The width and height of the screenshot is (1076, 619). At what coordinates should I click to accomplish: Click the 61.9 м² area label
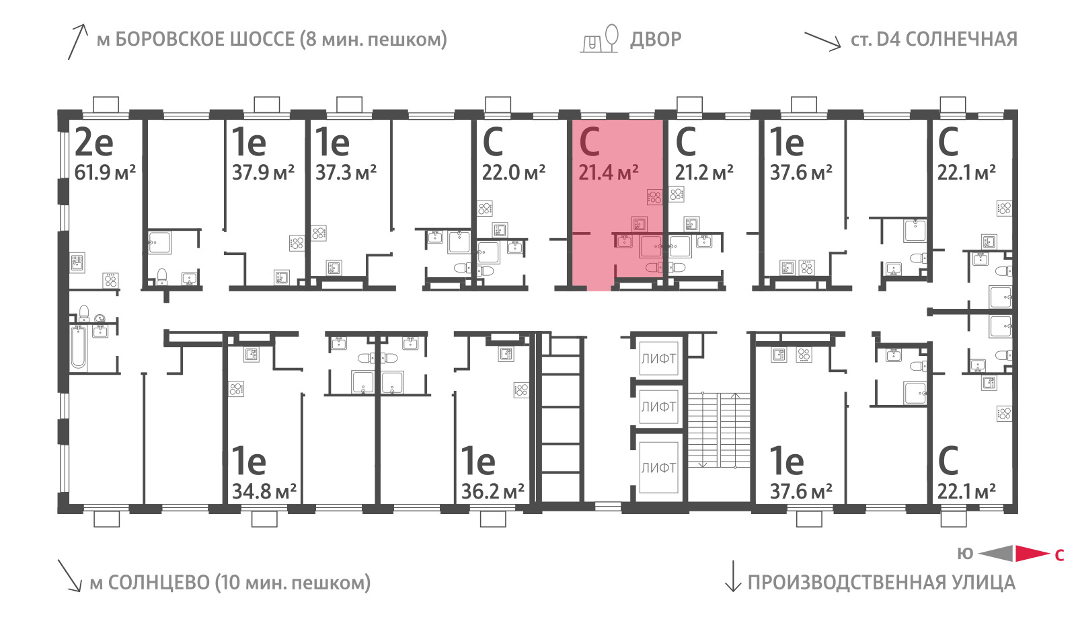click(105, 172)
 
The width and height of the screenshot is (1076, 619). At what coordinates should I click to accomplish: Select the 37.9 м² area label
click(263, 172)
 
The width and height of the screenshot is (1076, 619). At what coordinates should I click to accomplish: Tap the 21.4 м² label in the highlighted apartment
click(608, 172)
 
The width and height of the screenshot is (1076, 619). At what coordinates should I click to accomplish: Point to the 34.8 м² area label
click(264, 491)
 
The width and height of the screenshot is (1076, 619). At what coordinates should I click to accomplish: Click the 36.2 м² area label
click(492, 491)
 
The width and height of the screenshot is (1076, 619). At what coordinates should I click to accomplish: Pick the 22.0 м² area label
click(513, 172)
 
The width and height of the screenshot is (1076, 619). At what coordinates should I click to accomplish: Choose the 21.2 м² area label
click(703, 172)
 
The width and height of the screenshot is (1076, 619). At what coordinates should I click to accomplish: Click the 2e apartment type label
click(93, 143)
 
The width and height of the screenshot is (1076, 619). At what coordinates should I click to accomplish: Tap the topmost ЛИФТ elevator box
click(658, 359)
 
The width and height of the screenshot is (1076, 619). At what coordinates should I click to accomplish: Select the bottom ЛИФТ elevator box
click(658, 467)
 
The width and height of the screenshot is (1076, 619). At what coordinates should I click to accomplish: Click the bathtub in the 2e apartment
click(79, 347)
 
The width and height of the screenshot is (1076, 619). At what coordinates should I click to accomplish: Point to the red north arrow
click(1032, 554)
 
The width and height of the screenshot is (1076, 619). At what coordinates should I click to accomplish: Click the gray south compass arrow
click(995, 554)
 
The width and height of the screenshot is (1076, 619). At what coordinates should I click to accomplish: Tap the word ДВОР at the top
click(656, 40)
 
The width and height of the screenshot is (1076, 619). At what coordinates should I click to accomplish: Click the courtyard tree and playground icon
click(599, 38)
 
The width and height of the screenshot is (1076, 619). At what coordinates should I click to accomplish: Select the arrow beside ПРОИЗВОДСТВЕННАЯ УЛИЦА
click(733, 576)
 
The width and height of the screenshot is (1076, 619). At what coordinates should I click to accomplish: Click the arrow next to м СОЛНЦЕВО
click(70, 575)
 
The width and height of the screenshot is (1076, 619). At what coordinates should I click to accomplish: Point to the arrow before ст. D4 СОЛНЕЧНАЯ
click(822, 41)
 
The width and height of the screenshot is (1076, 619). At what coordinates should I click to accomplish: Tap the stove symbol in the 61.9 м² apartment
click(110, 280)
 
